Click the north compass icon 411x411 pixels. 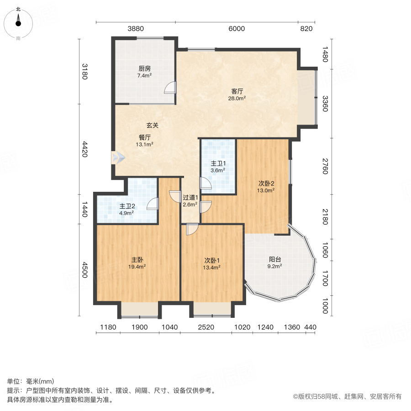pyautogui.click(x=18, y=22)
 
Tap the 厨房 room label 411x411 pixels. pyautogui.click(x=145, y=68)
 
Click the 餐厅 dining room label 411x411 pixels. pyautogui.click(x=145, y=137)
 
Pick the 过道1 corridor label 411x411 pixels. pyautogui.click(x=190, y=198)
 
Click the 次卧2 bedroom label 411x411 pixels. pyautogui.click(x=266, y=184)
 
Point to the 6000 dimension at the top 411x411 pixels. pyautogui.click(x=237, y=28)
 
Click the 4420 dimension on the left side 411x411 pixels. pyautogui.click(x=84, y=149)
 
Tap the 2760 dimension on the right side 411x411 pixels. pyautogui.click(x=325, y=166)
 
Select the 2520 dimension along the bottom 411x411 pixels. pyautogui.click(x=205, y=327)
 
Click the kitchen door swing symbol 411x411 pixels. pyautogui.click(x=170, y=87)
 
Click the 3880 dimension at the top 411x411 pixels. pyautogui.click(x=136, y=28)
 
